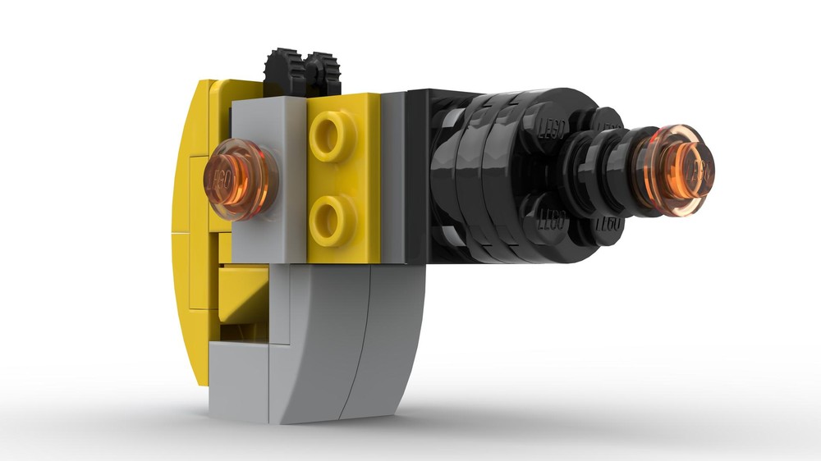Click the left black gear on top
coord(284,72)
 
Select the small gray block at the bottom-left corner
coord(238,381)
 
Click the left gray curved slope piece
coord(316,345)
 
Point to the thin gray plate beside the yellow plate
coord(392,176)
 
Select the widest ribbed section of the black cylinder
coord(484,176)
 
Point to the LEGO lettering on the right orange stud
coord(698,172)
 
